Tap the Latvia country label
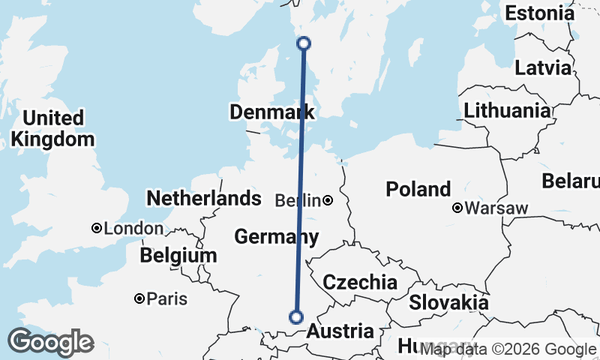[x=543, y=67]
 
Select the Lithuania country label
[x=507, y=111]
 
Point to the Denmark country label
[x=271, y=112]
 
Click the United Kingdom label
[x=52, y=128]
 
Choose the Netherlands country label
[x=203, y=199]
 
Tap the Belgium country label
[x=178, y=256]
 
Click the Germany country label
[x=276, y=237]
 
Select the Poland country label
[x=418, y=189]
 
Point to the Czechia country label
[x=359, y=282]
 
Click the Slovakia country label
[x=448, y=303]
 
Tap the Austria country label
[x=340, y=331]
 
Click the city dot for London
[x=97, y=228]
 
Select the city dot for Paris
[x=139, y=298]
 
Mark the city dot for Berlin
[x=328, y=200]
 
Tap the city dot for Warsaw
[x=457, y=208]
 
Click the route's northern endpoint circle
[x=304, y=43]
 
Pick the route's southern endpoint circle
[x=296, y=317]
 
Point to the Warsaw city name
[x=496, y=208]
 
